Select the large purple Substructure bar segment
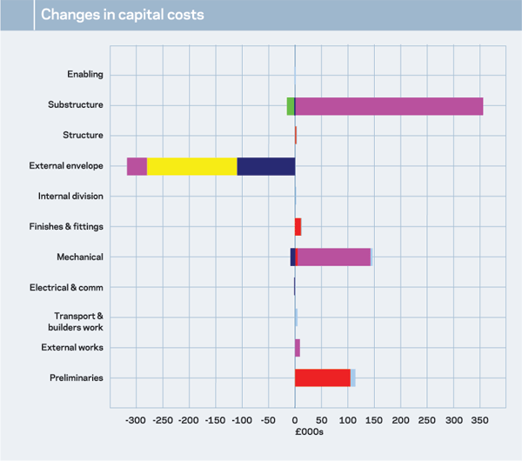point(389,105)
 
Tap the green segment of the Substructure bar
point(291,105)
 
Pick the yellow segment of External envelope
point(191,166)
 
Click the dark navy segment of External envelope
point(265,166)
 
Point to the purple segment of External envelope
point(137,166)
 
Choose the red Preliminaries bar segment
point(322,377)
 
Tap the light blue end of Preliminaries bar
point(353,377)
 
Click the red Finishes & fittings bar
point(298,227)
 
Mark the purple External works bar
point(298,348)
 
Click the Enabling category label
point(85,75)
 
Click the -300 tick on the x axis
point(136,421)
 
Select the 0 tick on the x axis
point(295,421)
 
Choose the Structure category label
point(83,136)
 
